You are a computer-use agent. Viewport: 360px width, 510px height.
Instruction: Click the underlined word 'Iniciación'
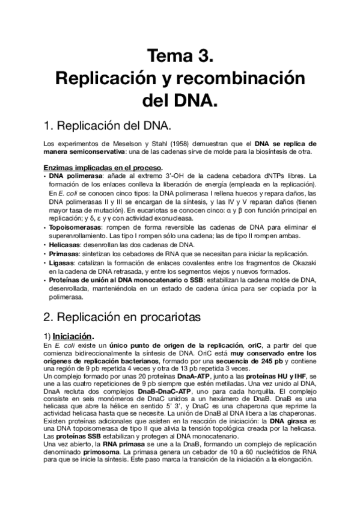click(73, 336)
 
